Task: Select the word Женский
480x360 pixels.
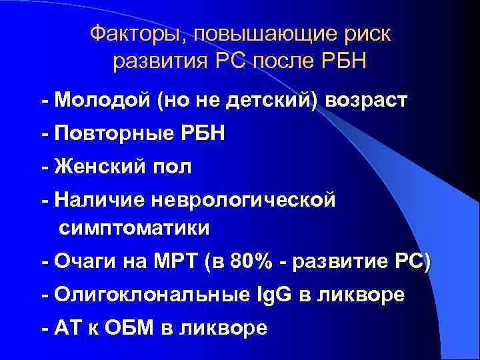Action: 99,166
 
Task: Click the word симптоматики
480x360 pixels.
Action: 134,228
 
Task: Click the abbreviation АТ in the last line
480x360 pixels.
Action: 69,327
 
